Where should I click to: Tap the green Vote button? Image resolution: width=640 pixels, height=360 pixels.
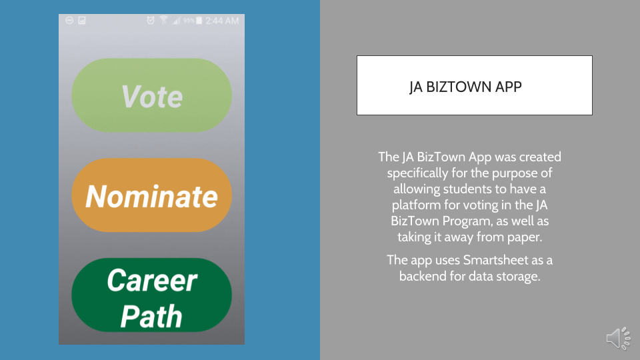152,95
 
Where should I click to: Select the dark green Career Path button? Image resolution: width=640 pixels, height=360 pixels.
152,295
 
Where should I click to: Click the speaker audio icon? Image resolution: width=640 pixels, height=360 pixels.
619,339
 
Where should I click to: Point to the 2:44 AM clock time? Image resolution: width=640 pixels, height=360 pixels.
222,21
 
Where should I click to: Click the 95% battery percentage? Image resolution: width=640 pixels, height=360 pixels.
189,21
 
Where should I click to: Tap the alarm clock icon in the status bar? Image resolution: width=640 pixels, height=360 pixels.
151,20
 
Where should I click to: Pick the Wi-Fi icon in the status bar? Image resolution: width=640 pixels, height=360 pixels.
164,20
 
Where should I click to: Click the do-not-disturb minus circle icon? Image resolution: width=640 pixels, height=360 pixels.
69,20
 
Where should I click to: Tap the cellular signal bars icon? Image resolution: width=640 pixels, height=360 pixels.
176,21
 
